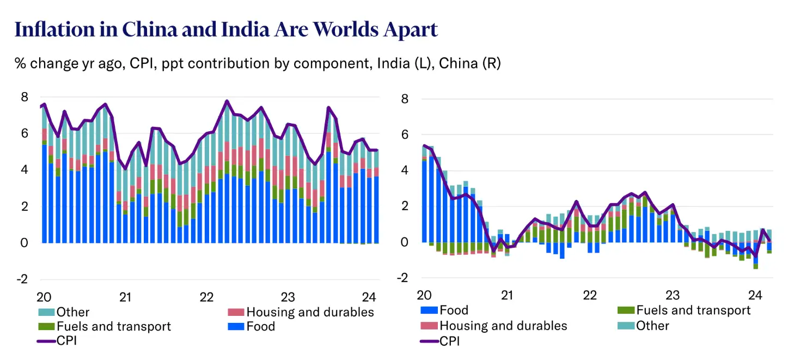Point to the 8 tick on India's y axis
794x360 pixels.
[25, 97]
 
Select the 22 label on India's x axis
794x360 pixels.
[206, 297]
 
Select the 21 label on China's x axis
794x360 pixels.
[507, 296]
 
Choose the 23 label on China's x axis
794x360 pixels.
[673, 296]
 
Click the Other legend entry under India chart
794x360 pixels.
[72, 312]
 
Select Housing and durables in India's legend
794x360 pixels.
[310, 312]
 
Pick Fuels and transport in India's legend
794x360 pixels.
[113, 326]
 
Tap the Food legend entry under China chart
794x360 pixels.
[453, 310]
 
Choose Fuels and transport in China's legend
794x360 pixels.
[693, 310]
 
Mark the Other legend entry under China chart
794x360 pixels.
[652, 326]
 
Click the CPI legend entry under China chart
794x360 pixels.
[449, 341]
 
